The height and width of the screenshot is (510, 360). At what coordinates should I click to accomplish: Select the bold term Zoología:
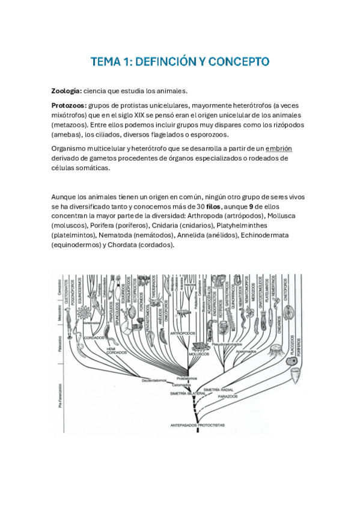coord(68,91)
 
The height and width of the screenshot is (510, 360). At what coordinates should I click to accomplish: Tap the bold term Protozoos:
coord(69,105)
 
